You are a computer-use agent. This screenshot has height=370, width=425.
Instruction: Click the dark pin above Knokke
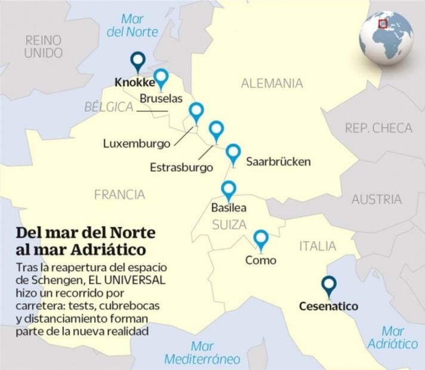point(139,60)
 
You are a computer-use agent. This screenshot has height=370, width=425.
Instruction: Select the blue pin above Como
point(261,239)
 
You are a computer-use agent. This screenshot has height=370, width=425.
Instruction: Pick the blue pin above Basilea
point(229,190)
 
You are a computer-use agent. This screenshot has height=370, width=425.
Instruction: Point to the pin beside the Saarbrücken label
point(233,154)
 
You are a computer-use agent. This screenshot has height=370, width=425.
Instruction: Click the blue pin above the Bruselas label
point(161,78)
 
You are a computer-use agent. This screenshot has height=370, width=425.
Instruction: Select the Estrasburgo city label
point(181,167)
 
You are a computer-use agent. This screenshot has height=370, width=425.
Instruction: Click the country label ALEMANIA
point(272,84)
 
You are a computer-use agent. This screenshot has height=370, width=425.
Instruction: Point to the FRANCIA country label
point(119,194)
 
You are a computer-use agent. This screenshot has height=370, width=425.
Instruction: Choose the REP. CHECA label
point(378,128)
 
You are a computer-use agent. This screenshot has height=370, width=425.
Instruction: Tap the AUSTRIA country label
point(376,199)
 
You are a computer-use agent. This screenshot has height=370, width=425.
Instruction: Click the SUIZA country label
point(229,224)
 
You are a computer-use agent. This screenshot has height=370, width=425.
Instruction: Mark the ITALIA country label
point(318,246)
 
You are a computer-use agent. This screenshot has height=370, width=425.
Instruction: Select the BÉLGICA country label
point(108,107)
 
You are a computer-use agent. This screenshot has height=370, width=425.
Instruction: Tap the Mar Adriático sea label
point(392,337)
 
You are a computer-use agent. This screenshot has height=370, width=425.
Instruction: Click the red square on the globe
point(383,24)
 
